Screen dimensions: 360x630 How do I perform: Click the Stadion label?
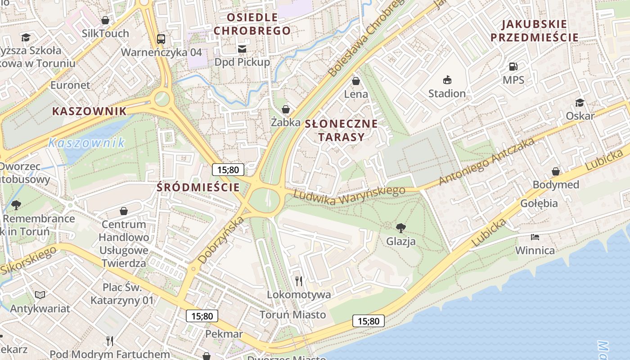tap(446, 93)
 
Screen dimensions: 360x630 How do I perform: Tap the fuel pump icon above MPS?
tap(513, 67)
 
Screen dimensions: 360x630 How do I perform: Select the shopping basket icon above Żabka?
tap(285, 109)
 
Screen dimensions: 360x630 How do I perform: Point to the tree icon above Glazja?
tap(400, 228)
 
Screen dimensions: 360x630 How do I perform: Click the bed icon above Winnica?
tap(535, 237)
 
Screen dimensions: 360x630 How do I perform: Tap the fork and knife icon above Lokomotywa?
tap(299, 281)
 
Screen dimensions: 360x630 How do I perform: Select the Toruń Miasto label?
tap(292, 315)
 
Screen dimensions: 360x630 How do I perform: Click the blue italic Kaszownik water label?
tap(86, 143)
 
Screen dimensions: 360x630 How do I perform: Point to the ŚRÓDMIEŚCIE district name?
tap(198, 187)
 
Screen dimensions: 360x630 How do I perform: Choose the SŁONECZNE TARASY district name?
tap(341, 130)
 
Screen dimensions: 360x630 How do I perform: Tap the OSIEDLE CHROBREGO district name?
tap(252, 24)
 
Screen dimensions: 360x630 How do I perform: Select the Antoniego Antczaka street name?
tap(487, 161)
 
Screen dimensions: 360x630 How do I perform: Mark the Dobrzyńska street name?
tap(220, 240)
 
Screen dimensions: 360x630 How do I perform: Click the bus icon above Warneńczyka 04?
tap(161, 39)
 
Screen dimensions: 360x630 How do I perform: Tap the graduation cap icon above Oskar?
tap(580, 103)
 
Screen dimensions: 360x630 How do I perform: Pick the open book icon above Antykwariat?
tap(40, 295)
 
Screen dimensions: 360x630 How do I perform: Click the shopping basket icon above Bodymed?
tap(556, 171)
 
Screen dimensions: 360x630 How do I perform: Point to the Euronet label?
tap(70, 85)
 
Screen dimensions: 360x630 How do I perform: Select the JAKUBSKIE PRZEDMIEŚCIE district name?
tap(534, 31)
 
